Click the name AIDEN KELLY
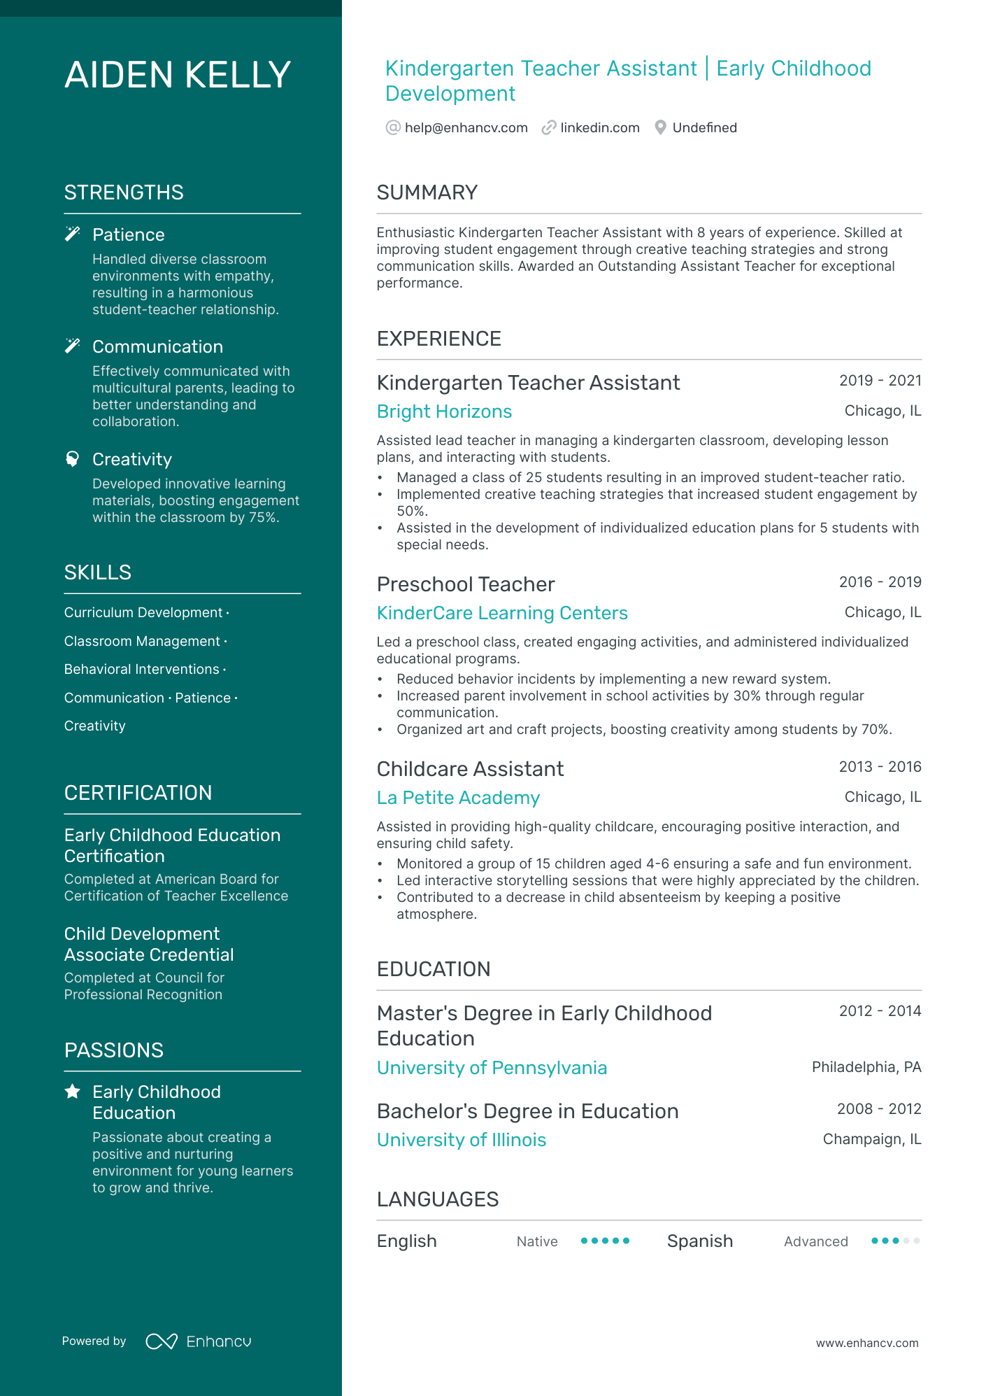pyautogui.click(x=178, y=75)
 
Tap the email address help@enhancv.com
pyautogui.click(x=466, y=127)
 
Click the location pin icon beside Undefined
pyautogui.click(x=660, y=127)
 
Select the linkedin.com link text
pyautogui.click(x=599, y=127)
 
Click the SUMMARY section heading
pyautogui.click(x=427, y=192)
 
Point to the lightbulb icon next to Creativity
pyautogui.click(x=72, y=459)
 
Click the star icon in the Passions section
pyautogui.click(x=72, y=1092)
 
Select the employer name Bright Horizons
pyautogui.click(x=444, y=411)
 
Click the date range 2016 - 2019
pyautogui.click(x=880, y=582)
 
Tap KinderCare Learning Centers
pyautogui.click(x=502, y=613)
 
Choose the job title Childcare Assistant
pyautogui.click(x=470, y=769)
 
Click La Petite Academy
pyautogui.click(x=458, y=798)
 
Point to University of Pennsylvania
pyautogui.click(x=492, y=1068)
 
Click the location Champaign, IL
pyautogui.click(x=871, y=1139)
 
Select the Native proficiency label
pyautogui.click(x=537, y=1241)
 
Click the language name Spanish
pyautogui.click(x=699, y=1241)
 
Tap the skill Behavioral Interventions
pyautogui.click(x=142, y=670)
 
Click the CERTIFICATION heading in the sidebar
pyautogui.click(x=138, y=793)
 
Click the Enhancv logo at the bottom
pyautogui.click(x=198, y=1341)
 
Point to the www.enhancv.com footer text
pyautogui.click(x=866, y=1343)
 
